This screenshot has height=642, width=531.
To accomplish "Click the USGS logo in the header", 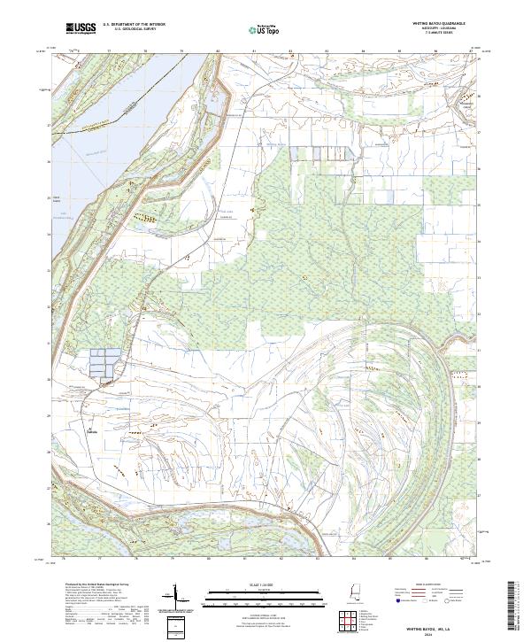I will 81,28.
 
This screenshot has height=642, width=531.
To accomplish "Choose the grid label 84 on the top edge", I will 364,52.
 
